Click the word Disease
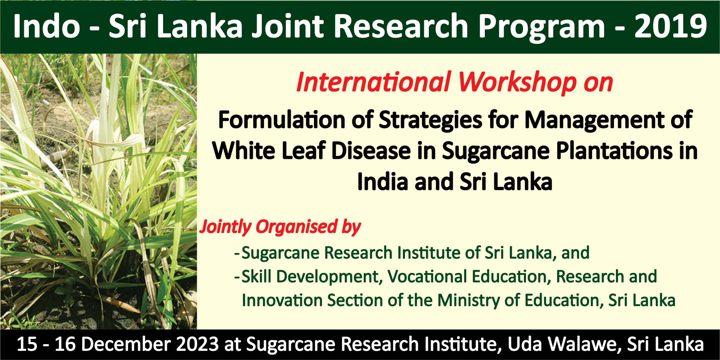click(371, 151)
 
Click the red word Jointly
click(225, 227)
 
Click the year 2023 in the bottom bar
click(198, 344)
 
